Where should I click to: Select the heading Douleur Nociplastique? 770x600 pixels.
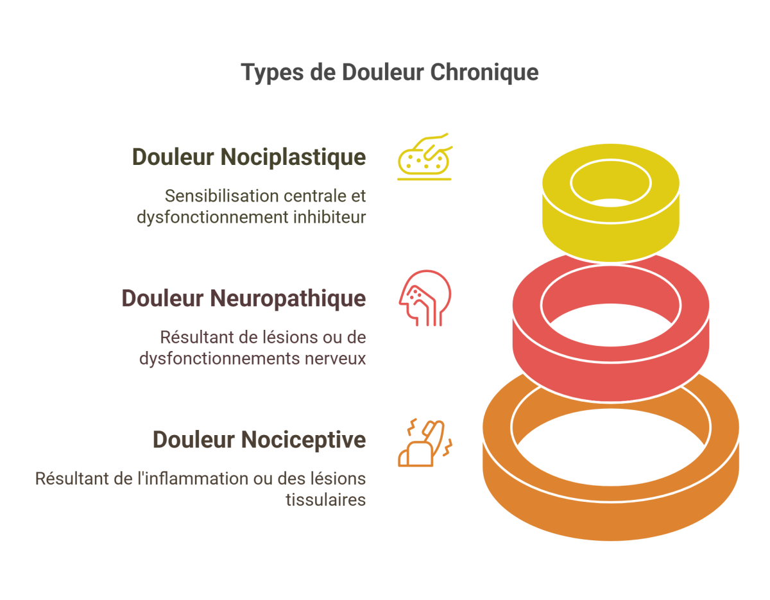[x=249, y=157]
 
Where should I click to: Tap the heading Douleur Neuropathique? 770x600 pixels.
[x=244, y=298]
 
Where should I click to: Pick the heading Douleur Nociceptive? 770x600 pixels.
[x=259, y=440]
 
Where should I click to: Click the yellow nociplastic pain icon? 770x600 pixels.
[x=424, y=158]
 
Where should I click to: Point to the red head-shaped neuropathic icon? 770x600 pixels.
[x=424, y=298]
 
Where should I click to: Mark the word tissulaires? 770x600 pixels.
[x=325, y=500]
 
